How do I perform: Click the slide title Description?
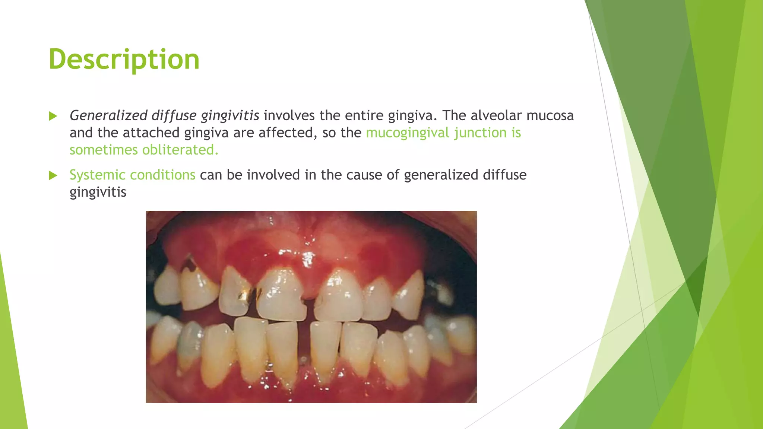124,60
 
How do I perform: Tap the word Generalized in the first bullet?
108,116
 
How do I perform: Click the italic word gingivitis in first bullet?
230,116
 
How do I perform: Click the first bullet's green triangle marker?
53,116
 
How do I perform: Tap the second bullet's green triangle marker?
53,175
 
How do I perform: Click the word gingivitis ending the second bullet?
98,193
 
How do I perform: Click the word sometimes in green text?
104,150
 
